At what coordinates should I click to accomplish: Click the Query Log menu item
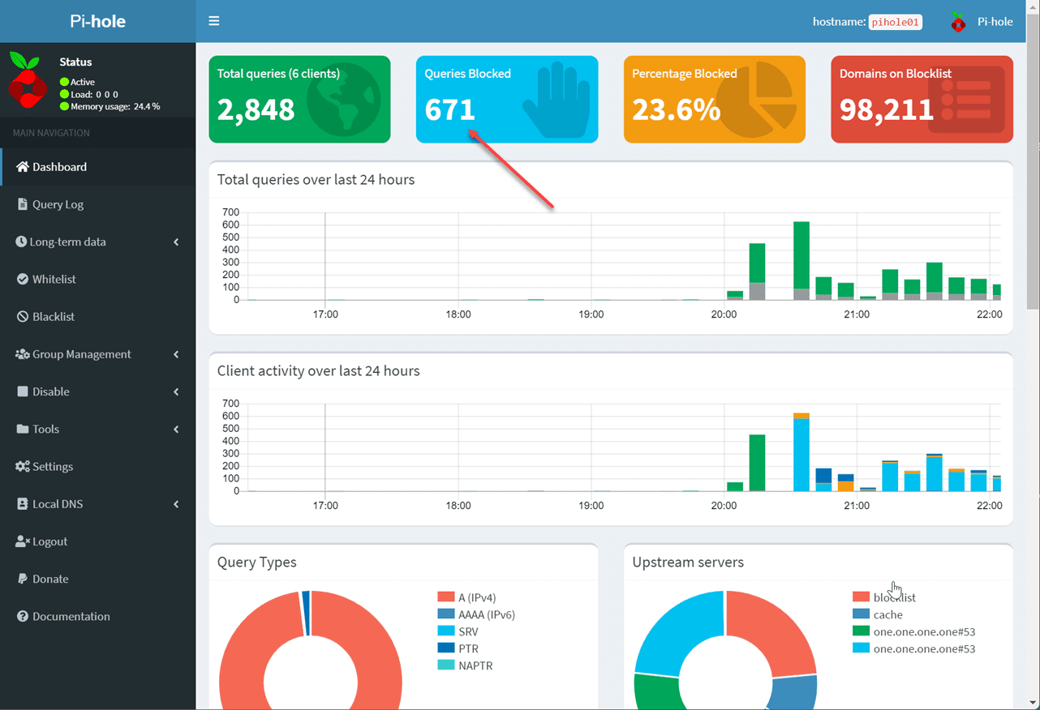pyautogui.click(x=58, y=204)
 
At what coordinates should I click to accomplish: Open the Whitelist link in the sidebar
pyautogui.click(x=54, y=279)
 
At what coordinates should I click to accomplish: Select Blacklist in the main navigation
pyautogui.click(x=53, y=316)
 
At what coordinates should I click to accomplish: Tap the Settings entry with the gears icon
pyautogui.click(x=52, y=466)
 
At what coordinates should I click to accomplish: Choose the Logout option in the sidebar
pyautogui.click(x=49, y=541)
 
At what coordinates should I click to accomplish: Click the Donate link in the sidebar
pyautogui.click(x=49, y=579)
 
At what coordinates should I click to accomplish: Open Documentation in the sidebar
pyautogui.click(x=71, y=616)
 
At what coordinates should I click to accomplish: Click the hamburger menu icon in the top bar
pyautogui.click(x=214, y=21)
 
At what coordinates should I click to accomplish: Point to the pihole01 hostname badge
pyautogui.click(x=895, y=22)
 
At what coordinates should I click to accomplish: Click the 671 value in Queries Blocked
pyautogui.click(x=449, y=109)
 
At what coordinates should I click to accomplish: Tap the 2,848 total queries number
pyautogui.click(x=256, y=109)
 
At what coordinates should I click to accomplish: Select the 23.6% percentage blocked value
pyautogui.click(x=676, y=109)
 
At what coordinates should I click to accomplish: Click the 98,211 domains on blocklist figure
pyautogui.click(x=886, y=109)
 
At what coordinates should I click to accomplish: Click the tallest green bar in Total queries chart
pyautogui.click(x=801, y=254)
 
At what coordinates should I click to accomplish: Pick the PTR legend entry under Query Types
pyautogui.click(x=468, y=648)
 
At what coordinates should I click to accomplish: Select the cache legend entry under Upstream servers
pyautogui.click(x=887, y=614)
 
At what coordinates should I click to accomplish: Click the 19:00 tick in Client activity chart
pyautogui.click(x=591, y=505)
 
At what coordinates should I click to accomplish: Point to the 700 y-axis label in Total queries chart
pyautogui.click(x=230, y=212)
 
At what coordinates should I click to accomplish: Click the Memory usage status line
pyautogui.click(x=114, y=106)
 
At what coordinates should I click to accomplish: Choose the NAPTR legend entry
pyautogui.click(x=475, y=665)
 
